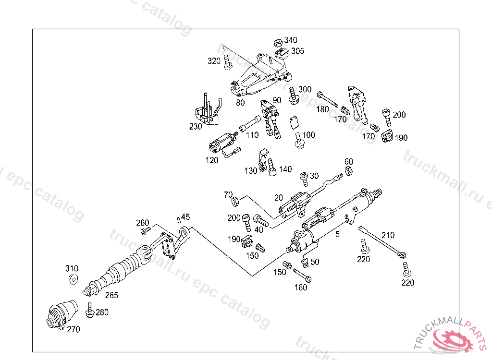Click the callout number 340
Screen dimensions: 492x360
291,40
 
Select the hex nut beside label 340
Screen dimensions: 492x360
278,43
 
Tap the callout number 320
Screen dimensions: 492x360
214,61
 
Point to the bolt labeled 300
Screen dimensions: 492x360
293,96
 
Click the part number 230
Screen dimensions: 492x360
196,126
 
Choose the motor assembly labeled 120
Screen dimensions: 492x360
223,144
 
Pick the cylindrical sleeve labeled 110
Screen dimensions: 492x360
250,124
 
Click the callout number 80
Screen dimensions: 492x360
240,103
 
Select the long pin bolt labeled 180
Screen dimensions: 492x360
328,99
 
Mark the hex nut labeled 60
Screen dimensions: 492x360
349,171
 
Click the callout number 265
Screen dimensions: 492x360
111,295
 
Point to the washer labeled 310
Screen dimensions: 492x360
74,279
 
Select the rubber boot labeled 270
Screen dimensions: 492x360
62,314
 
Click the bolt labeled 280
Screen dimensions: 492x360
90,310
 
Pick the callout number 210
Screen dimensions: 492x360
388,235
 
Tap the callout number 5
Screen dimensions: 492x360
337,234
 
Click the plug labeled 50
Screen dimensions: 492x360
305,263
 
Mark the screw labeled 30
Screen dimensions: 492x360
304,179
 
